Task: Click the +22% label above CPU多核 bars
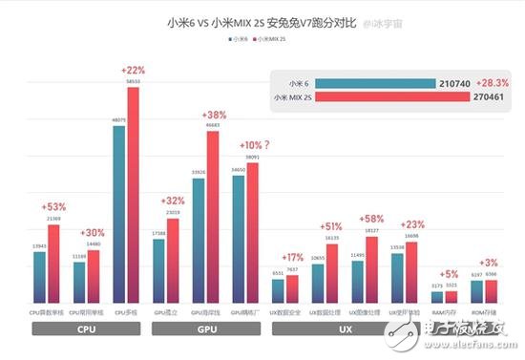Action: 133,71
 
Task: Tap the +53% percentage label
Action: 53,207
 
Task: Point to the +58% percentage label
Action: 374,219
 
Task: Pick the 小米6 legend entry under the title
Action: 241,39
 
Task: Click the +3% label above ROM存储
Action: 488,262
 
